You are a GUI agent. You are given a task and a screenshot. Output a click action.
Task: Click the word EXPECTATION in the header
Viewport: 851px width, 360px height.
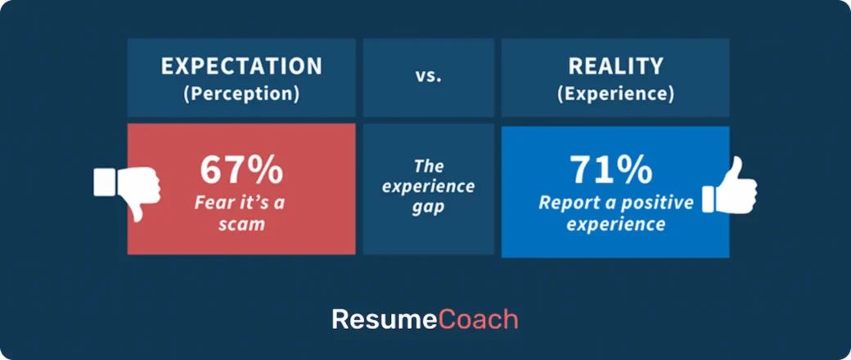coord(241,66)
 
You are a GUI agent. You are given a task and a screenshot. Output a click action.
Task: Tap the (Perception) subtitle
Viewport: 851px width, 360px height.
coord(241,93)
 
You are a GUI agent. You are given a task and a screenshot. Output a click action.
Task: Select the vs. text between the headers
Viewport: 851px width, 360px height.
coord(428,78)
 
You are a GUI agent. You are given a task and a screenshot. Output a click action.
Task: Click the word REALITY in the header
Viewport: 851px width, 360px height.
coord(616,66)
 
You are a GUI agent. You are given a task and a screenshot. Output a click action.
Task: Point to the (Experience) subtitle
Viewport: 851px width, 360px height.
coord(616,93)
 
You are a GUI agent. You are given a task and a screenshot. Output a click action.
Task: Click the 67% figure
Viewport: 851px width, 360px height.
coord(241,171)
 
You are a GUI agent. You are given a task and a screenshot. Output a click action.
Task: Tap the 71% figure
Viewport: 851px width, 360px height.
coord(612,169)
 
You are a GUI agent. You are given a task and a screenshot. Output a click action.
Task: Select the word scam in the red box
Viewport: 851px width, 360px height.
coord(241,223)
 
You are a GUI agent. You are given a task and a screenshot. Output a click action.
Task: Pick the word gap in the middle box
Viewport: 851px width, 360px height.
coord(428,208)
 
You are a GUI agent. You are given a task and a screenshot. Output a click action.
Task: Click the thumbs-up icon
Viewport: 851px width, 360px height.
coord(731,187)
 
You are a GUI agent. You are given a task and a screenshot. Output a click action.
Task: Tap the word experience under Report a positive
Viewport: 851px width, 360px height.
coord(616,223)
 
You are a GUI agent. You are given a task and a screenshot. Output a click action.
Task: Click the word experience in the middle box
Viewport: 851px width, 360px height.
coord(428,186)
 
